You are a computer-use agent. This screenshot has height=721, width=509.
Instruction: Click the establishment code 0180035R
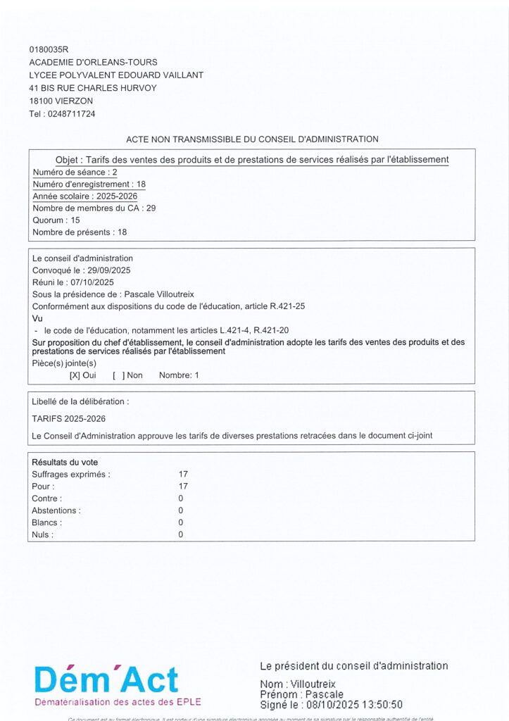coord(49,50)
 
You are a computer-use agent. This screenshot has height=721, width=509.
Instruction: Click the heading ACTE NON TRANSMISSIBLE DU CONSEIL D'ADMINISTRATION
coord(252,139)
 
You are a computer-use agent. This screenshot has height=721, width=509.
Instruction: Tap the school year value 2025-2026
coord(117,196)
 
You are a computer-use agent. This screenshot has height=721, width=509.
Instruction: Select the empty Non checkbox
coord(118,375)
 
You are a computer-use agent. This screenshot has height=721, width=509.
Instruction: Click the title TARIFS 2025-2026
coord(63,418)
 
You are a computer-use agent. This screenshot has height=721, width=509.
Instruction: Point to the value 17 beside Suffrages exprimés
coord(183,475)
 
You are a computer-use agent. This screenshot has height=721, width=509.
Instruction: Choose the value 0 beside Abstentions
coord(181,510)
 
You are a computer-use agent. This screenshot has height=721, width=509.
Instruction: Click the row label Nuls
coord(42,535)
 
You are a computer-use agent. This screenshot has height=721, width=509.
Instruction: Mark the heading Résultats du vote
coord(66,463)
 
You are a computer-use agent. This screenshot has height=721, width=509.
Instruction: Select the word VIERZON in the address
coord(75,101)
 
